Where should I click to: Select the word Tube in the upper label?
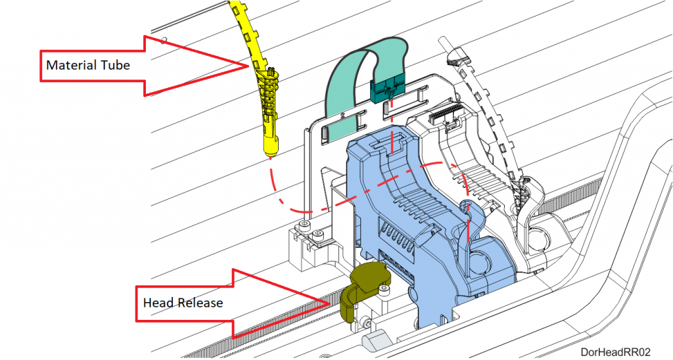point(116,65)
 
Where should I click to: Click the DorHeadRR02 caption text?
point(615,352)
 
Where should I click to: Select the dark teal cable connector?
point(387,89)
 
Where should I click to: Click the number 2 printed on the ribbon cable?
point(342,115)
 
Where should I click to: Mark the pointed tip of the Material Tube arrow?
point(248,66)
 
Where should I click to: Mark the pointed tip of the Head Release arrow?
point(330,304)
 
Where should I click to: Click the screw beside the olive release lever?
point(384,291)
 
